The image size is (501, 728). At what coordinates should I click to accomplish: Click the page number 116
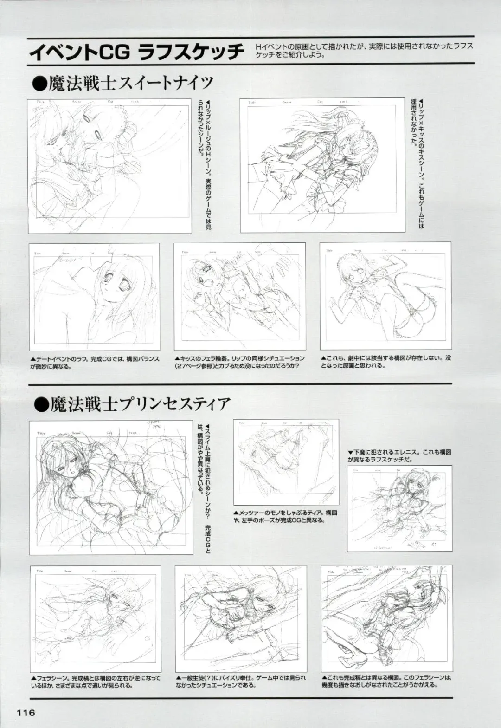[x=26, y=712]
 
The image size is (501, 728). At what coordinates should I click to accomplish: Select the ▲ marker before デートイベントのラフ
[x=33, y=358]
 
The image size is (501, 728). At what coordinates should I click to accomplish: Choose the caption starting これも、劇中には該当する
[x=385, y=362]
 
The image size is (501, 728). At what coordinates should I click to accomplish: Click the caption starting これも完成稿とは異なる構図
[x=386, y=682]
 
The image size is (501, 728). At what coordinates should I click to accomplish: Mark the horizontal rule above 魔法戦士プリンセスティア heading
[x=240, y=384]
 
